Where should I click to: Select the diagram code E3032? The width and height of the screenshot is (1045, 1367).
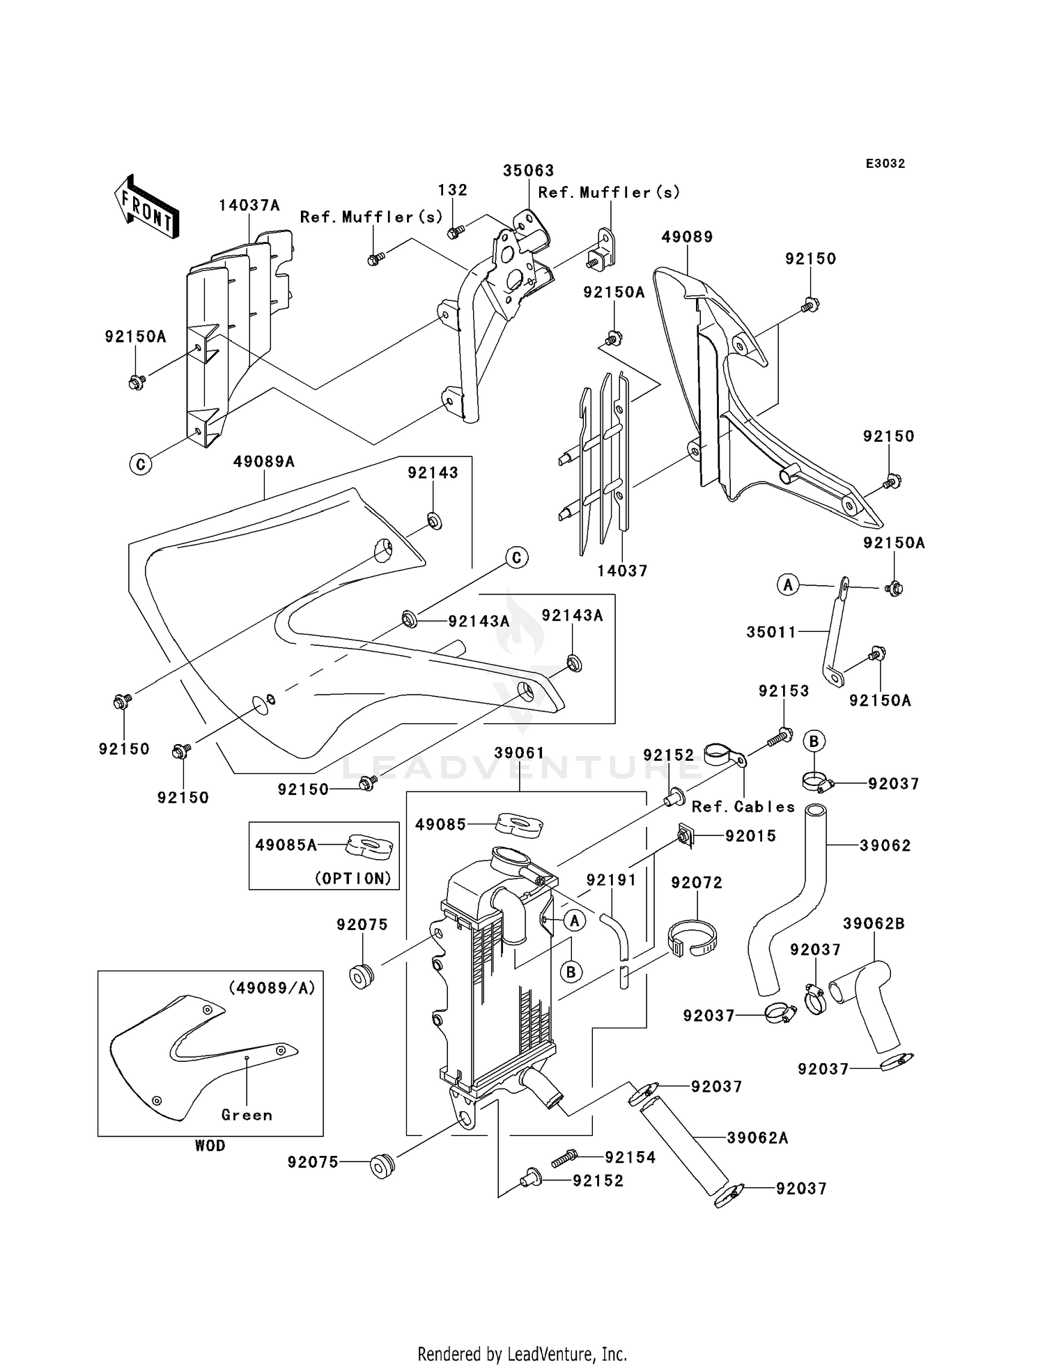click(885, 164)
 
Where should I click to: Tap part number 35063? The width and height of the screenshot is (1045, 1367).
click(529, 171)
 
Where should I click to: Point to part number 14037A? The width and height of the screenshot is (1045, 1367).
click(249, 206)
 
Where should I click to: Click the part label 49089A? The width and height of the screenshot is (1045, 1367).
click(263, 461)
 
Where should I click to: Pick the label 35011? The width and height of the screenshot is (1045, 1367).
click(771, 632)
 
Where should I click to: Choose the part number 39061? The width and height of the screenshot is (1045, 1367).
click(519, 753)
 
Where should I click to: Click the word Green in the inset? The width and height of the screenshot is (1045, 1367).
click(247, 1115)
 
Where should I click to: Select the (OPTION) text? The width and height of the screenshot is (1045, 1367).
click(353, 879)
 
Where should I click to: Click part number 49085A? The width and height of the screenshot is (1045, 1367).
click(286, 845)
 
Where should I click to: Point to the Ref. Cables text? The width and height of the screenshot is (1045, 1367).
click(743, 807)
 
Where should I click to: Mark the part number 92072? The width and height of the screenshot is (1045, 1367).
click(697, 883)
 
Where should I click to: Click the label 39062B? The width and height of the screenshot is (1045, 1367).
click(874, 924)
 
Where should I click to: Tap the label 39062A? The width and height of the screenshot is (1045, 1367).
click(757, 1138)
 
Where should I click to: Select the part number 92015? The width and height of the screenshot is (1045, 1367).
click(750, 836)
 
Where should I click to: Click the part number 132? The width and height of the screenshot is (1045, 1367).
click(453, 190)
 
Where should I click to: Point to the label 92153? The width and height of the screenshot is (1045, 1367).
click(784, 691)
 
